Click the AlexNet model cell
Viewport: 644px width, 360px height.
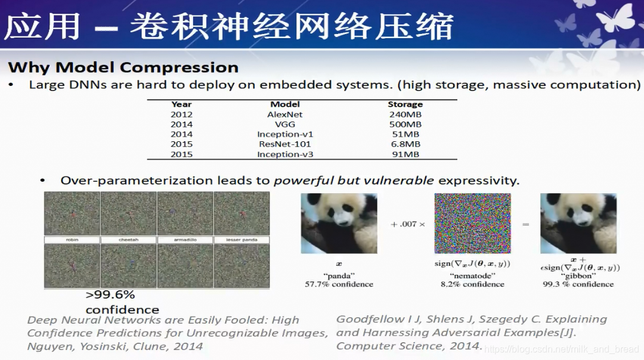(x=284, y=114)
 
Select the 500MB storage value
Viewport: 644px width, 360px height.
(x=404, y=125)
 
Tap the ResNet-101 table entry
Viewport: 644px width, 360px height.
(x=284, y=144)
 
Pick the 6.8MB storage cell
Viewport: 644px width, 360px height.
(x=404, y=144)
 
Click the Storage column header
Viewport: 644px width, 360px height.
(x=405, y=104)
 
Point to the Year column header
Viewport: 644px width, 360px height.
(x=181, y=104)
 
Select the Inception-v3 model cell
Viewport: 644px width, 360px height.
(x=284, y=154)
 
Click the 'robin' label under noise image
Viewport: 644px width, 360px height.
(x=72, y=240)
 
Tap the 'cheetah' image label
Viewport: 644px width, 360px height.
(x=128, y=240)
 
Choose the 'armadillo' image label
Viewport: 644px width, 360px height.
(x=185, y=240)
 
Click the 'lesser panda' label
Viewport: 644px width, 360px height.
(x=241, y=240)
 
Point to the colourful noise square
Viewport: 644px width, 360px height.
(x=472, y=224)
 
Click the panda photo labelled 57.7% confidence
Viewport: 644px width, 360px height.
(x=339, y=224)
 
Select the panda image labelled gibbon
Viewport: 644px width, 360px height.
(x=578, y=224)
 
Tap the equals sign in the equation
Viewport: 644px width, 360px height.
(x=525, y=225)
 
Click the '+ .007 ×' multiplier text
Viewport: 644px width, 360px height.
(x=407, y=225)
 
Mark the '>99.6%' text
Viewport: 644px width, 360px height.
(x=110, y=295)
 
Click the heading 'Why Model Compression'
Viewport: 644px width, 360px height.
(x=123, y=67)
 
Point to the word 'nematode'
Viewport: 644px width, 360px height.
(x=472, y=276)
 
